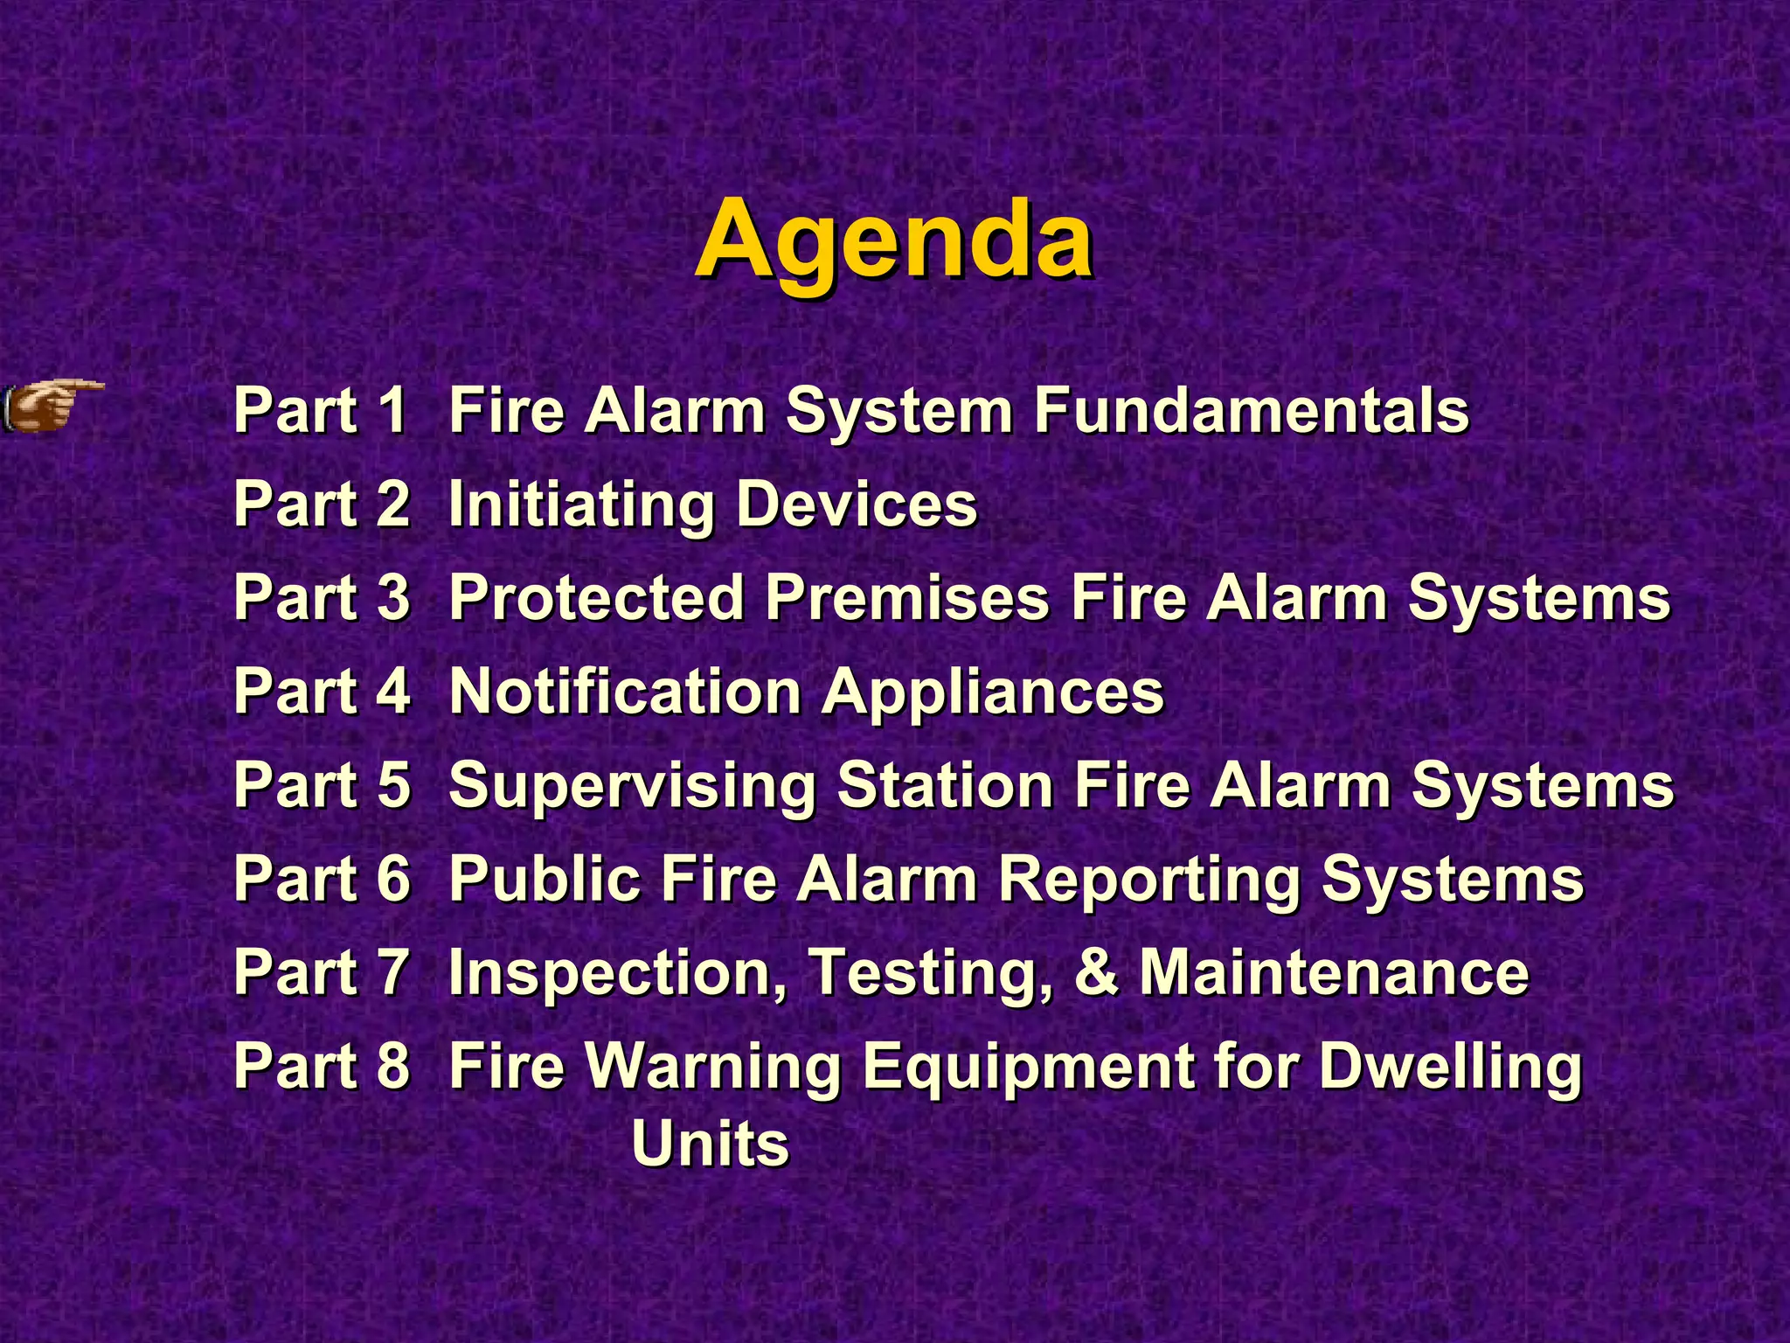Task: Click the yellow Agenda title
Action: coord(893,240)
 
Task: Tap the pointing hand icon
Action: coord(52,406)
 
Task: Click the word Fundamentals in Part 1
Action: coord(1252,410)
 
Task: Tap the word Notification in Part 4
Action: coord(626,692)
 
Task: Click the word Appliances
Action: coord(993,693)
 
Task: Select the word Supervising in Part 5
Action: coord(633,786)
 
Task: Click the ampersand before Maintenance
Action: coord(1096,972)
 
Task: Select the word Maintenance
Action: coord(1334,972)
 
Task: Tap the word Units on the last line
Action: coord(710,1144)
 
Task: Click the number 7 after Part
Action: coord(393,972)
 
